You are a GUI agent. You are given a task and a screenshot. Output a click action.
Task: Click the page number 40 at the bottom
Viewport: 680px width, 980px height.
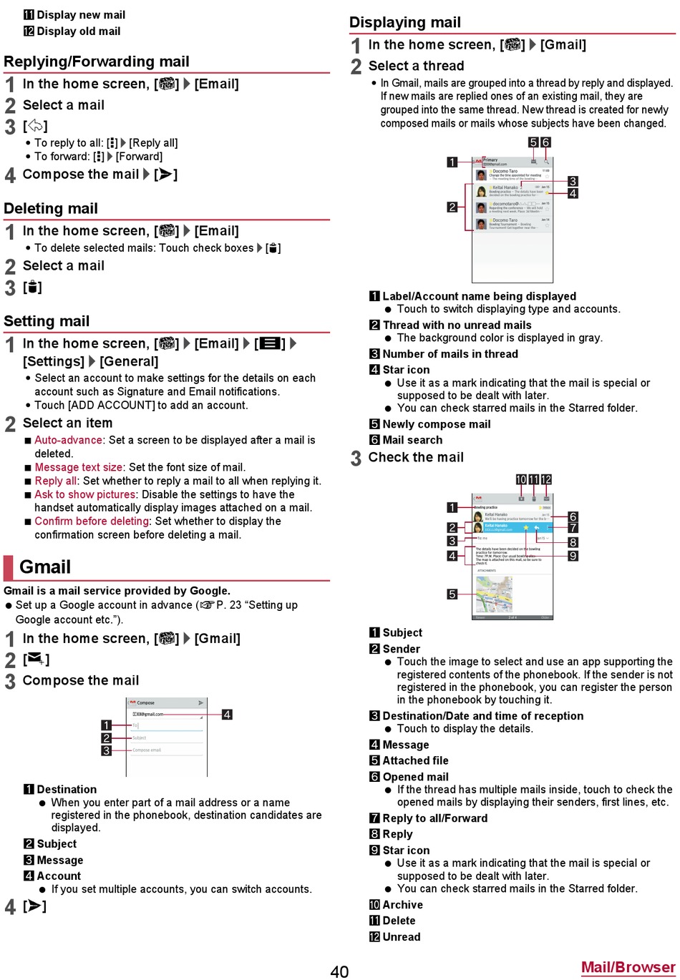coord(339,971)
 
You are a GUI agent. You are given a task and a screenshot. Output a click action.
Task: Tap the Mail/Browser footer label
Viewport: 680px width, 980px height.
coord(628,967)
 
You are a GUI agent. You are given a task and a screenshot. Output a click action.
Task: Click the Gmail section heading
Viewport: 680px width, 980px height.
coord(45,567)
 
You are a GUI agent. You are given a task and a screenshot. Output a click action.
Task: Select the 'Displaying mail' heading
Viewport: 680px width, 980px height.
coord(405,22)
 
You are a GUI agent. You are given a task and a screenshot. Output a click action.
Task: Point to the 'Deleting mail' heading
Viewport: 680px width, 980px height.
coord(51,209)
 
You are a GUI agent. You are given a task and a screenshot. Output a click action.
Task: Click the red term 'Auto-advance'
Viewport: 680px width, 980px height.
coord(69,440)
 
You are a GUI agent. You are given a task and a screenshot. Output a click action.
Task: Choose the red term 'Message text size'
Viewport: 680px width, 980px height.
coord(79,467)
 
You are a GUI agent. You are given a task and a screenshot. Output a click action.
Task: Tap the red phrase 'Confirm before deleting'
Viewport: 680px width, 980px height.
coord(92,521)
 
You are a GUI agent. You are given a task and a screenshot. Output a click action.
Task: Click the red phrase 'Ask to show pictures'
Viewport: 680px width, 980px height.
coord(85,494)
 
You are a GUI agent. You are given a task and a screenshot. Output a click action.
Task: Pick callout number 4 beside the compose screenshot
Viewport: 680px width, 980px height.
coord(227,714)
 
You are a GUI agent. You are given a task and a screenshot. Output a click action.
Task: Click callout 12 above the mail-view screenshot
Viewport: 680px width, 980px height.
coord(546,479)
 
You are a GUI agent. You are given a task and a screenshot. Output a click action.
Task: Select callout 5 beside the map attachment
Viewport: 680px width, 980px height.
coord(452,594)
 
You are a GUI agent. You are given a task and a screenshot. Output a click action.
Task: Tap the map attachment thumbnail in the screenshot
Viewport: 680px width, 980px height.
coord(494,594)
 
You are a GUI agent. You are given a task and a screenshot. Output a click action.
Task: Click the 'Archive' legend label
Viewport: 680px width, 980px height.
coord(402,905)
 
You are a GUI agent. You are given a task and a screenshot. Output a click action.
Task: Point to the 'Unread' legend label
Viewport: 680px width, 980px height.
coord(401,937)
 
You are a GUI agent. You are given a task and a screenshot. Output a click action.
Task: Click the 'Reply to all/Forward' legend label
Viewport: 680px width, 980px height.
coord(434,818)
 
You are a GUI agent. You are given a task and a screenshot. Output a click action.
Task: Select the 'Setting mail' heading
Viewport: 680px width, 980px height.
coord(47,321)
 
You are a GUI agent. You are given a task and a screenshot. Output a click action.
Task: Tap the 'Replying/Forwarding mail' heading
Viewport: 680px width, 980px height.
coord(97,62)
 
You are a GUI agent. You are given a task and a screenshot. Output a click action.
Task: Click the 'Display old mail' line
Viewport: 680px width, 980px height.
coord(78,31)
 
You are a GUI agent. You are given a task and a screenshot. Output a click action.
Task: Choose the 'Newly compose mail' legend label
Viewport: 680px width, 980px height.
coord(436,424)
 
